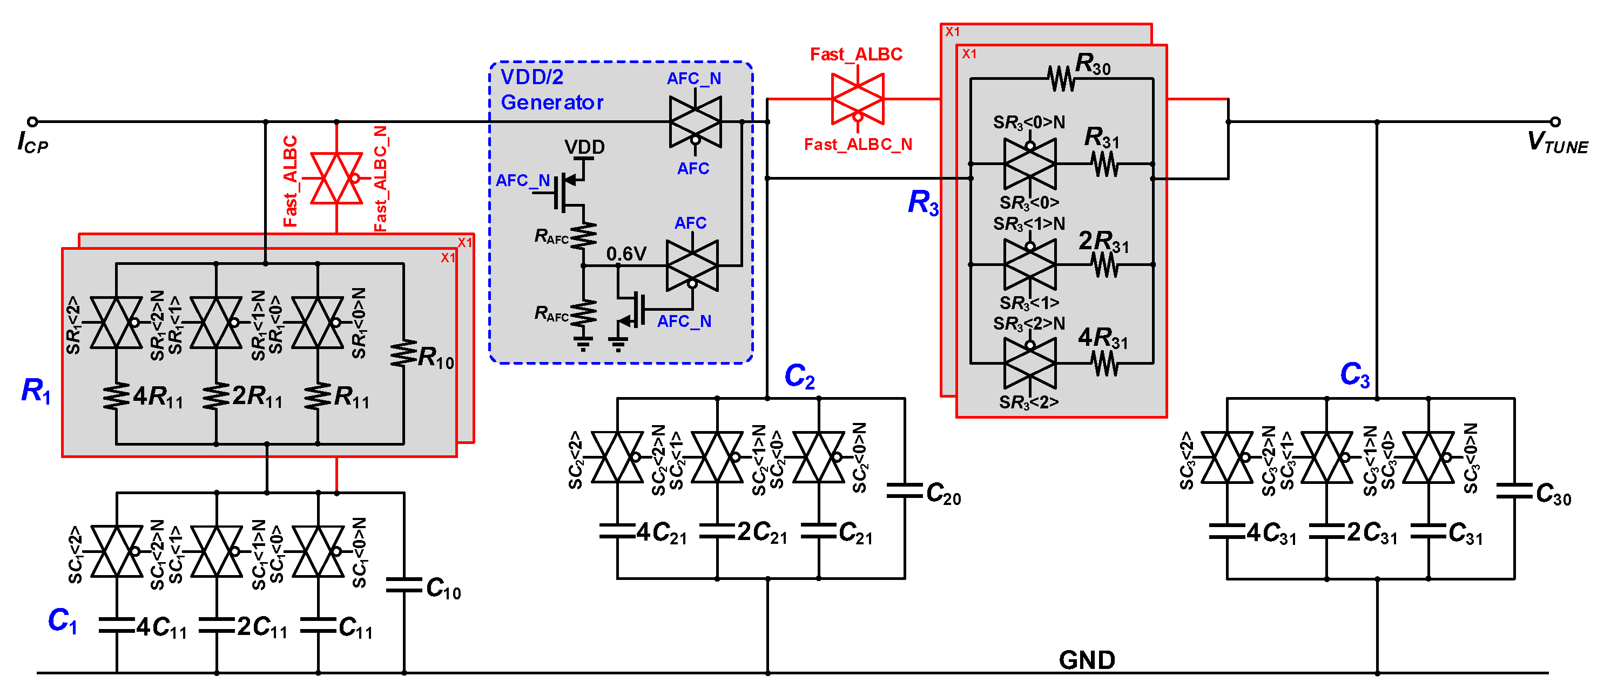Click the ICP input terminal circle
click(33, 121)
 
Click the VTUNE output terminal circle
click(1555, 121)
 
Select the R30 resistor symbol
click(1061, 78)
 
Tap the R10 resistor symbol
click(403, 353)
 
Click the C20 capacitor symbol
click(904, 491)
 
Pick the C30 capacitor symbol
click(1514, 491)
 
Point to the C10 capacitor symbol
click(403, 585)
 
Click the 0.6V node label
click(626, 254)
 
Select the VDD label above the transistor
click(584, 147)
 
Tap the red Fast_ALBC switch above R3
click(858, 98)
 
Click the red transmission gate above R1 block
click(336, 178)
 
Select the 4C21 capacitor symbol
click(617, 531)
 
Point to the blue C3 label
click(1354, 374)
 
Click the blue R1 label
click(36, 391)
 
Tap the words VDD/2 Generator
click(552, 90)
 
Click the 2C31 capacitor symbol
click(1327, 531)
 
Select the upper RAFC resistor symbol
click(583, 236)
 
